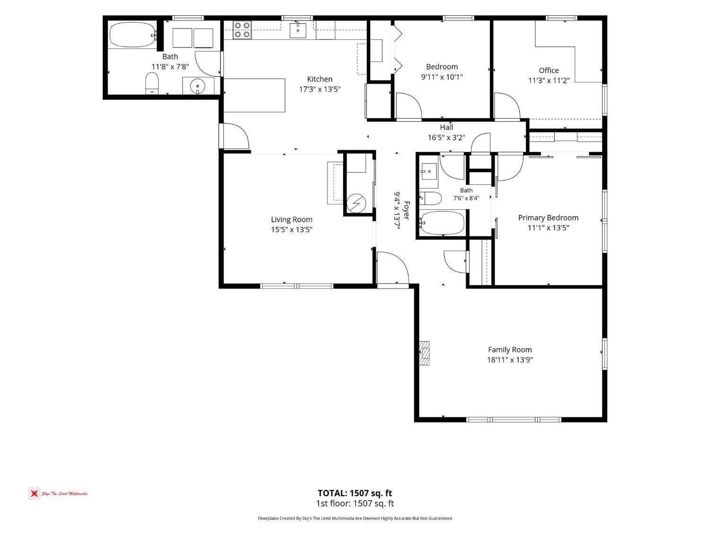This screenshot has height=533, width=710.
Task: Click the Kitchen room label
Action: pyautogui.click(x=319, y=79)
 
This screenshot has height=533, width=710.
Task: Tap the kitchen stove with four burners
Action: pyautogui.click(x=242, y=30)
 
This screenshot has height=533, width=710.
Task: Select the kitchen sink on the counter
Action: pyautogui.click(x=298, y=30)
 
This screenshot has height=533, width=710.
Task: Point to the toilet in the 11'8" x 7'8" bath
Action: pyautogui.click(x=152, y=83)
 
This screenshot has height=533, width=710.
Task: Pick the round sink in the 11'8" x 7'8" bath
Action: pyautogui.click(x=197, y=86)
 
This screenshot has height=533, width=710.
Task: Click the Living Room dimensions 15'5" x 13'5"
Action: pyautogui.click(x=292, y=229)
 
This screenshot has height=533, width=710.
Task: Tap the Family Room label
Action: pyautogui.click(x=510, y=350)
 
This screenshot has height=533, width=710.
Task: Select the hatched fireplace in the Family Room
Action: pyautogui.click(x=425, y=353)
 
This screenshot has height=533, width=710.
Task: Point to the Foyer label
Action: pyautogui.click(x=407, y=210)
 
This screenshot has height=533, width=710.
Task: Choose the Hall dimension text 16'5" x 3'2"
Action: pyautogui.click(x=446, y=137)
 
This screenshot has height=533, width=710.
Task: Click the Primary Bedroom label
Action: pyautogui.click(x=548, y=218)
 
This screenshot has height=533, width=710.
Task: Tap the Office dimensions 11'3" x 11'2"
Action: pyautogui.click(x=549, y=80)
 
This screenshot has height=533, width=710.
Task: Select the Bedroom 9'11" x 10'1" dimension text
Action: pyautogui.click(x=442, y=77)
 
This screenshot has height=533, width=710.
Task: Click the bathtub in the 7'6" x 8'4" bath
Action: pyautogui.click(x=442, y=223)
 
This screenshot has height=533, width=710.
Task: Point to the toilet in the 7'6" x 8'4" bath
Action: pyautogui.click(x=431, y=199)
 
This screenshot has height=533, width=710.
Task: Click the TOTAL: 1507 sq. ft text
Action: pyautogui.click(x=355, y=493)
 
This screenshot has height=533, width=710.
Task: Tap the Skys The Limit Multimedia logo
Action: pyautogui.click(x=58, y=494)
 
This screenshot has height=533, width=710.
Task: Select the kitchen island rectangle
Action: pyautogui.click(x=254, y=95)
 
